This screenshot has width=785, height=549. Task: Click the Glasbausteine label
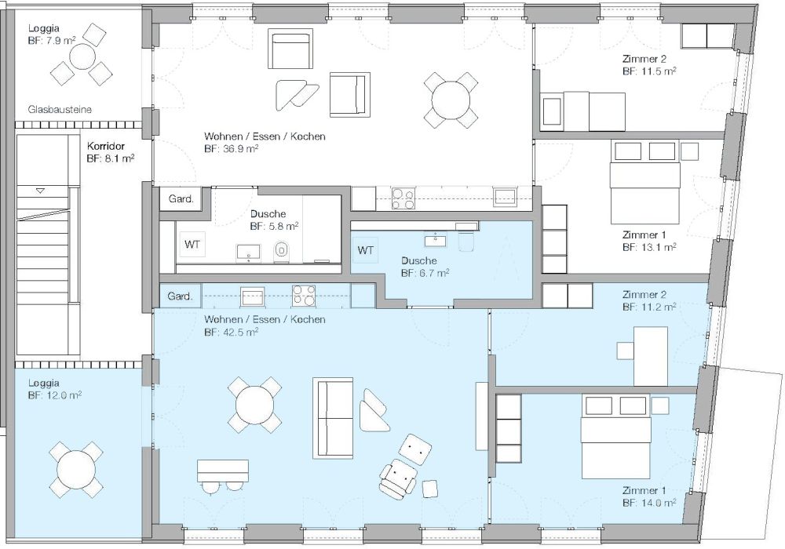[60, 110]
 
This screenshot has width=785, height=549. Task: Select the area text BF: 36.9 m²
[236, 148]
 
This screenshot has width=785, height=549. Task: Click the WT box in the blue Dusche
[366, 250]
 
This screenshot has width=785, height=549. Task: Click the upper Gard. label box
[181, 199]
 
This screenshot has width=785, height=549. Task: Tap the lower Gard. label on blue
[181, 296]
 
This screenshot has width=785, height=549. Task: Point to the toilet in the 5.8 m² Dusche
[282, 250]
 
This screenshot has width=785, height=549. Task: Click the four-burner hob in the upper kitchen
[403, 199]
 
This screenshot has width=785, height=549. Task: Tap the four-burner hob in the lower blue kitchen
[304, 296]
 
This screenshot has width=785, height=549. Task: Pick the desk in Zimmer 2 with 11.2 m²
[650, 355]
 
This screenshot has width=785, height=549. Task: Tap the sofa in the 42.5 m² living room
[333, 419]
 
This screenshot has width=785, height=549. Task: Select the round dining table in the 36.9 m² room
[451, 100]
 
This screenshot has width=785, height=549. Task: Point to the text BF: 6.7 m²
[425, 273]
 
